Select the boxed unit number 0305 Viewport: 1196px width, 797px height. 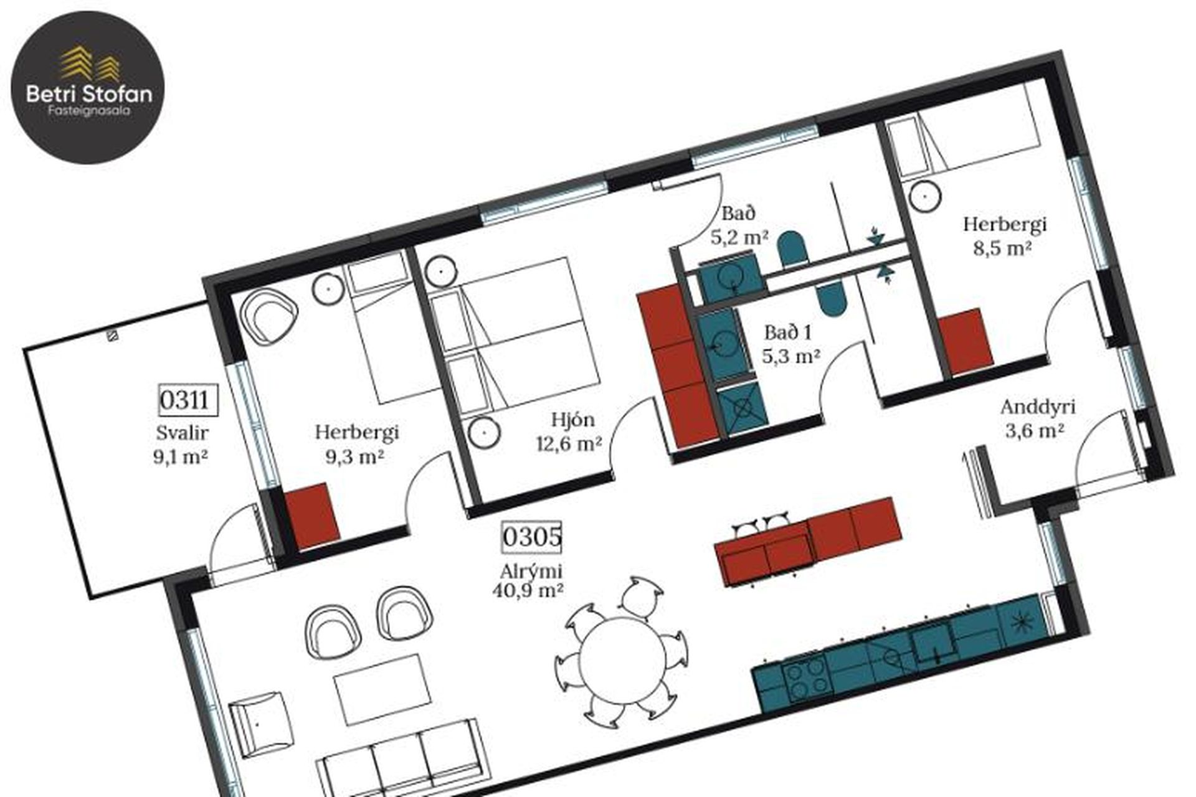point(532,537)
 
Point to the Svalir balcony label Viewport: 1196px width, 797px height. point(182,433)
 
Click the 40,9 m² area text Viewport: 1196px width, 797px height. point(528,589)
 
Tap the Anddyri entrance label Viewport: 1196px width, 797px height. point(1038,408)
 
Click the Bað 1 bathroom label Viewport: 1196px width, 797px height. point(788,332)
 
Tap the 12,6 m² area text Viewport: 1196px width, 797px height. point(569,443)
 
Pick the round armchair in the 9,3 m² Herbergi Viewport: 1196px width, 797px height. point(268,317)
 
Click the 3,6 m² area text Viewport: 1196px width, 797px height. point(1033,430)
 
